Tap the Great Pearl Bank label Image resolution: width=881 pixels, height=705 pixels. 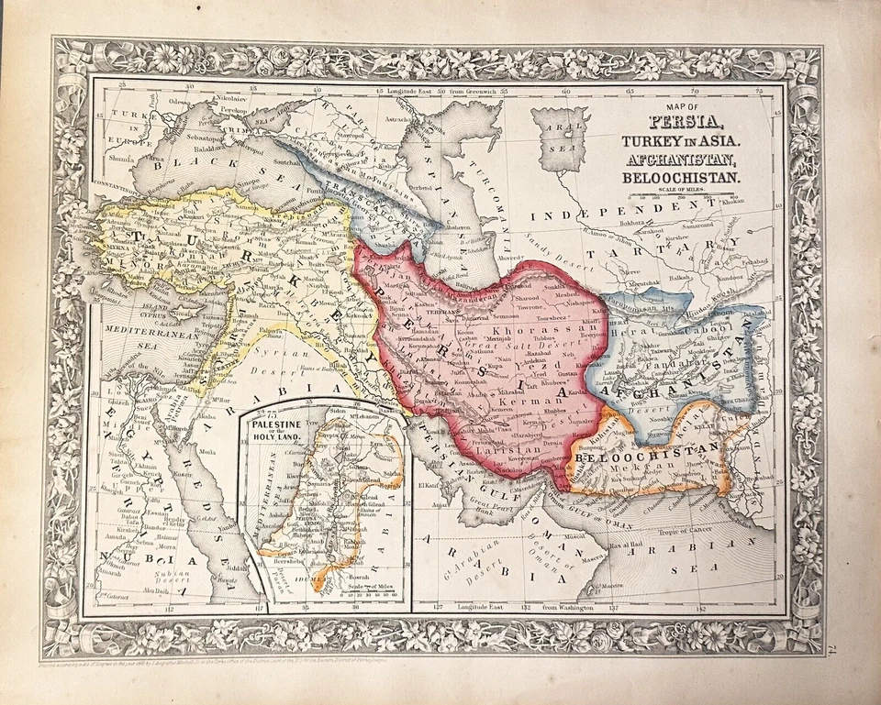click(x=484, y=502)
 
